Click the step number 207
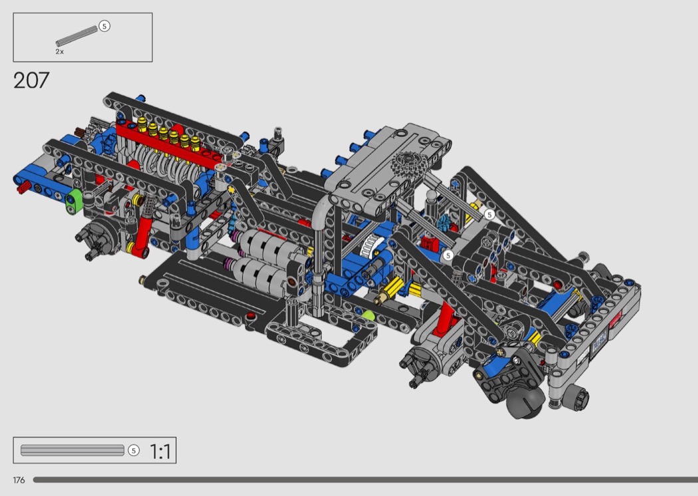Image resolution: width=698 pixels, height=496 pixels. [x=31, y=80]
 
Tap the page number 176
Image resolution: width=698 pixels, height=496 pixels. [x=19, y=480]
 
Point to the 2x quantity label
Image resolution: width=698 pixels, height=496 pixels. [x=60, y=52]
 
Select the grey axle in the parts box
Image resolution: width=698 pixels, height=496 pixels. [x=76, y=37]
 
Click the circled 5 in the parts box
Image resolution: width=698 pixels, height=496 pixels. [x=104, y=27]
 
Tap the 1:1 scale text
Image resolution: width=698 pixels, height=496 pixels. [x=160, y=451]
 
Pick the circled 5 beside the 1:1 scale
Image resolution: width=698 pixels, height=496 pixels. [x=134, y=451]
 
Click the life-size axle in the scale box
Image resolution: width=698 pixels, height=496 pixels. [x=72, y=450]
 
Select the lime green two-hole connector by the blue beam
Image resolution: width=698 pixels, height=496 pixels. [x=74, y=201]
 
